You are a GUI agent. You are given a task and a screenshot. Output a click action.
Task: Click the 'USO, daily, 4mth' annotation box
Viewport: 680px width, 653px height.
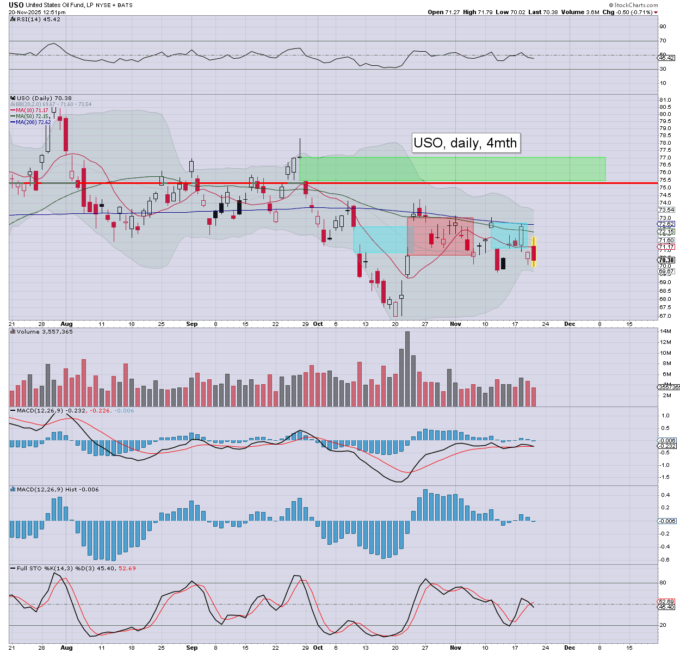465,143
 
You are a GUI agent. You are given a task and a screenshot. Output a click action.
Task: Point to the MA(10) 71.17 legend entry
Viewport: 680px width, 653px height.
33,110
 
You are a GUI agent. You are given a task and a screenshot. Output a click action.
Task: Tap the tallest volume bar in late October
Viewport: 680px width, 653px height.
407,369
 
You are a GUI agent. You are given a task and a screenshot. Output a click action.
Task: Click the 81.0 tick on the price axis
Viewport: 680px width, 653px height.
665,100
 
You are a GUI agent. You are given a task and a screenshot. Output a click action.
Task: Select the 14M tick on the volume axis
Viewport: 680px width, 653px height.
665,331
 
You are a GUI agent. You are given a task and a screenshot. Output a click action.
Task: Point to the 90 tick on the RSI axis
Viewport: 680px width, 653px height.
663,26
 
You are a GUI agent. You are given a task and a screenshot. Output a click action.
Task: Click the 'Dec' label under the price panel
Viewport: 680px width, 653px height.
570,324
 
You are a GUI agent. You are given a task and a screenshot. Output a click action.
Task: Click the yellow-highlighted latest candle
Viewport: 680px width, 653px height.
534,252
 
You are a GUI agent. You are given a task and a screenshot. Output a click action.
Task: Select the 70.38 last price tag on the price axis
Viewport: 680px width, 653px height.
666,260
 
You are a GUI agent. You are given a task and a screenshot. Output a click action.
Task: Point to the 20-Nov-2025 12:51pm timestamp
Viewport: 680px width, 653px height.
33,12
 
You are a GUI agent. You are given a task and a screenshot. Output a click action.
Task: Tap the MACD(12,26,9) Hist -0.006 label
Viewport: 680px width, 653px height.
58,489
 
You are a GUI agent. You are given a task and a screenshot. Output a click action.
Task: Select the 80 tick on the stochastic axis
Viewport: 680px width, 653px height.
663,583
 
